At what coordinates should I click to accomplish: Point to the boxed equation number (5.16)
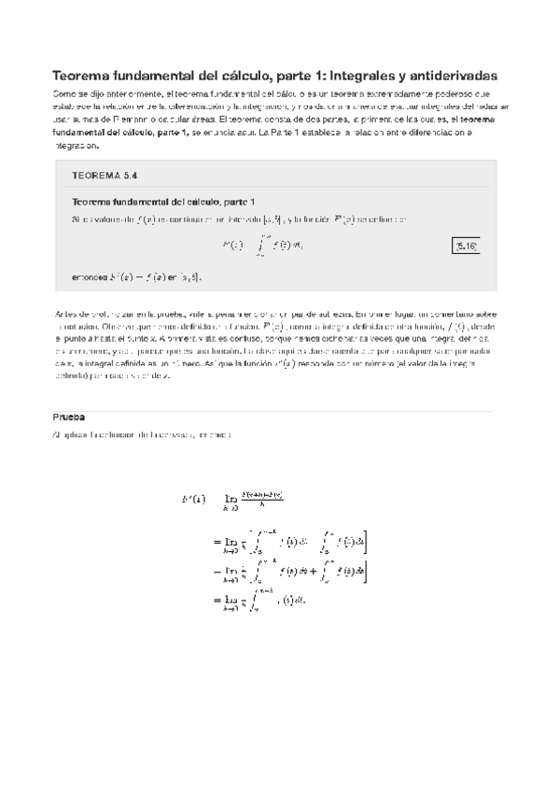(467, 246)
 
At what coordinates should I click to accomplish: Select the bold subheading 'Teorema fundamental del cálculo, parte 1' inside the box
(162, 202)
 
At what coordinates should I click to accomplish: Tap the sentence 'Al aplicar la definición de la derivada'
(148, 435)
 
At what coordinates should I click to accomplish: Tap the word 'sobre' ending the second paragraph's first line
(482, 315)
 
